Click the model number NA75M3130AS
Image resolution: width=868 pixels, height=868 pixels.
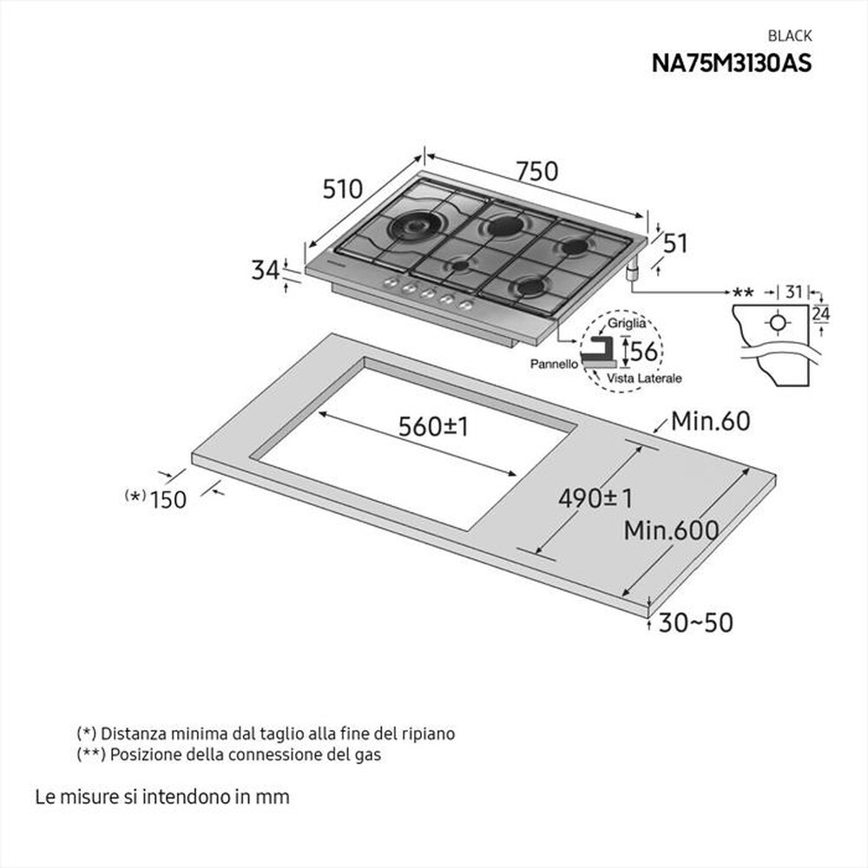click(732, 62)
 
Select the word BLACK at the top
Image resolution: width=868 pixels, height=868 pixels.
click(790, 36)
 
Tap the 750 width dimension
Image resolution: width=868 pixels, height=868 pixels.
click(537, 172)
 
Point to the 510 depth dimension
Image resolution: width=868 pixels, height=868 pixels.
click(342, 188)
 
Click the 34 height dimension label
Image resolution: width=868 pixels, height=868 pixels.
click(265, 271)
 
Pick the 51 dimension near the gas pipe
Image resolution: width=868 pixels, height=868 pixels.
click(674, 244)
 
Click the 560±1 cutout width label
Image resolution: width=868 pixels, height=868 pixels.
click(433, 426)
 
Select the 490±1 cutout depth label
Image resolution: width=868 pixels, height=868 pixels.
click(595, 498)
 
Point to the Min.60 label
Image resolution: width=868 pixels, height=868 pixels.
click(710, 422)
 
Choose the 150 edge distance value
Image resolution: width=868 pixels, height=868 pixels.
click(168, 499)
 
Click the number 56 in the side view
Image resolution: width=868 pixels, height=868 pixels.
click(644, 352)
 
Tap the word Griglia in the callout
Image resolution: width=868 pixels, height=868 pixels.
click(626, 323)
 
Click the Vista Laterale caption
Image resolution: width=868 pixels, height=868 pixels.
click(644, 378)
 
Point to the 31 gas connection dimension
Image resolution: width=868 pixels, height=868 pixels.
click(793, 293)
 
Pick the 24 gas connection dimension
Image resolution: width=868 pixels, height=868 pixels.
click(820, 315)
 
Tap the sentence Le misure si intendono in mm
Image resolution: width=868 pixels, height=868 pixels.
click(162, 796)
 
